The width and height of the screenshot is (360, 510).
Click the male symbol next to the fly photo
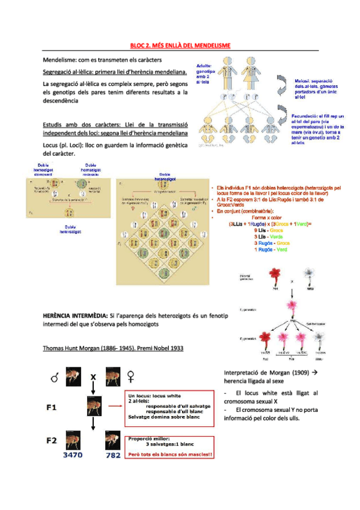click(x=55, y=378)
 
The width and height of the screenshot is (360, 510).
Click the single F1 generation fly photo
click(x=93, y=407)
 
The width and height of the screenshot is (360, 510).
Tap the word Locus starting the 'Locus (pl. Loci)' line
click(x=52, y=146)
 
